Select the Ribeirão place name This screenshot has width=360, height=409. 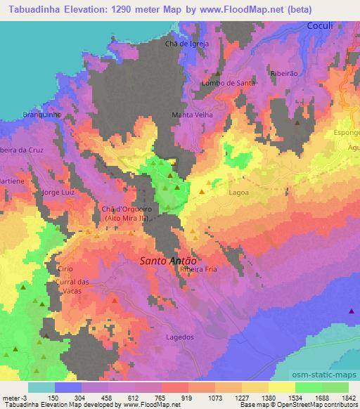coord(285,73)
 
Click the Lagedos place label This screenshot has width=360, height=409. coord(179,337)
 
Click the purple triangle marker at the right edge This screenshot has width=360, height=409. coord(352,311)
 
